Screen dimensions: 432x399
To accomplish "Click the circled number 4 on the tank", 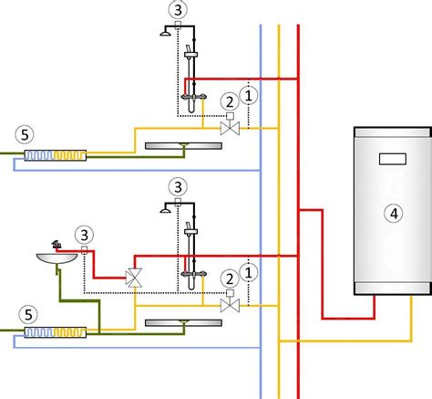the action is pos(394,214).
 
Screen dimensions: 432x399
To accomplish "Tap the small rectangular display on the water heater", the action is pos(393,159).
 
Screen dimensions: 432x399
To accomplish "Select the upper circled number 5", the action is pos(25,134).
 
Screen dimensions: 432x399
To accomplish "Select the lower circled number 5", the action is pos(28,314).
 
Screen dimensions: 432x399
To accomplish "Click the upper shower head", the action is pos(165,33).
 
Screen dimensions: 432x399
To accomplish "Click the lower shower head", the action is pos(165,210).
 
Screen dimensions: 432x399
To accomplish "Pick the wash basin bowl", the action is pos(57,258).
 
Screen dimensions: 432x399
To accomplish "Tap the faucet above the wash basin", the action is pos(57,244).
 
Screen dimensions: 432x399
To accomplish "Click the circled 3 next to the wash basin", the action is pos(84,235).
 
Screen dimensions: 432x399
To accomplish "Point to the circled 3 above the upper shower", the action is pos(178,10).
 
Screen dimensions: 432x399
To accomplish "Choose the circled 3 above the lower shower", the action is pos(178,187).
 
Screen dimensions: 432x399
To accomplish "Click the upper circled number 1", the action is pos(249,96).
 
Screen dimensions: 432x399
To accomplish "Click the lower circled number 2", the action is pos(230,278).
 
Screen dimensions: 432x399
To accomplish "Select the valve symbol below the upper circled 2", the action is pos(230,128).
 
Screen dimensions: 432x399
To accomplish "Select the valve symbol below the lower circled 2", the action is pos(230,305).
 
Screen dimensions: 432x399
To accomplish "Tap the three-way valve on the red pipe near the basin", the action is pos(134,278).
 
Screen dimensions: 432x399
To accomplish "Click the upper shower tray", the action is pos(183,146).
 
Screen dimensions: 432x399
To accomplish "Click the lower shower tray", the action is pos(183,323).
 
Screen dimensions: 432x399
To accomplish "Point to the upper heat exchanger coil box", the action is pos(56,155).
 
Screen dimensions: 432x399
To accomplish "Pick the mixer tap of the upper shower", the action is pos(194,98).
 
